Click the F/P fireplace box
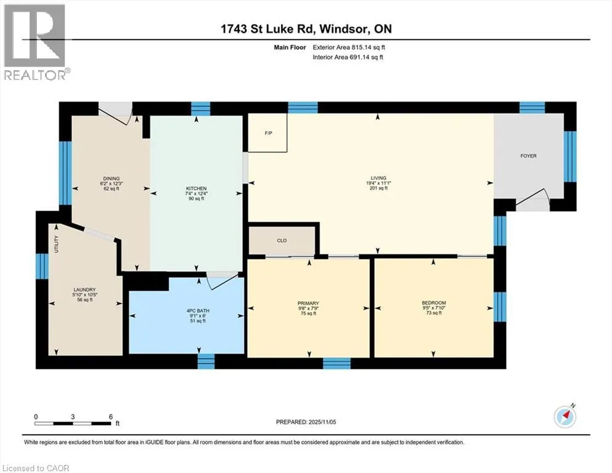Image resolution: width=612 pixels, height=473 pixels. point(267,132)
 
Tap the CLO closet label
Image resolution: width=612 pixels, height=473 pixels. point(282,241)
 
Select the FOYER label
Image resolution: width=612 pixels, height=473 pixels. point(528,156)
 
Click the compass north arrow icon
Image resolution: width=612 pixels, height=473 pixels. point(565,416)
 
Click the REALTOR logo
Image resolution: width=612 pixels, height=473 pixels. point(36,42)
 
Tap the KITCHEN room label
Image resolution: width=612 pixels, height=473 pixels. point(196,188)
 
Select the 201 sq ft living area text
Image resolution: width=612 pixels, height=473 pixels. point(378,188)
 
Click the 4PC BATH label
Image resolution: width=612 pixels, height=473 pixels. point(198,311)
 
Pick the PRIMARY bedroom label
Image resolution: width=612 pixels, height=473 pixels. point(308,304)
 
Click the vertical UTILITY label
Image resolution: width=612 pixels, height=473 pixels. point(56,244)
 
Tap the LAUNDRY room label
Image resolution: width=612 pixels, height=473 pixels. point(84,289)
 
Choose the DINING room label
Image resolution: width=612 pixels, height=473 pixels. point(111,179)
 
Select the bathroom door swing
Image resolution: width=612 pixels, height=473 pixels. point(222,280)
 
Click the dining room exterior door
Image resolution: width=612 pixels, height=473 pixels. point(115,114)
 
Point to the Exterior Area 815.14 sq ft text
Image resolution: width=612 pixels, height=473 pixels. point(349,47)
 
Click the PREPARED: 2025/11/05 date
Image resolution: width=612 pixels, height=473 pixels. point(306,422)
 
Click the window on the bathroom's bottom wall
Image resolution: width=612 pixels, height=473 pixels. point(206,361)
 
